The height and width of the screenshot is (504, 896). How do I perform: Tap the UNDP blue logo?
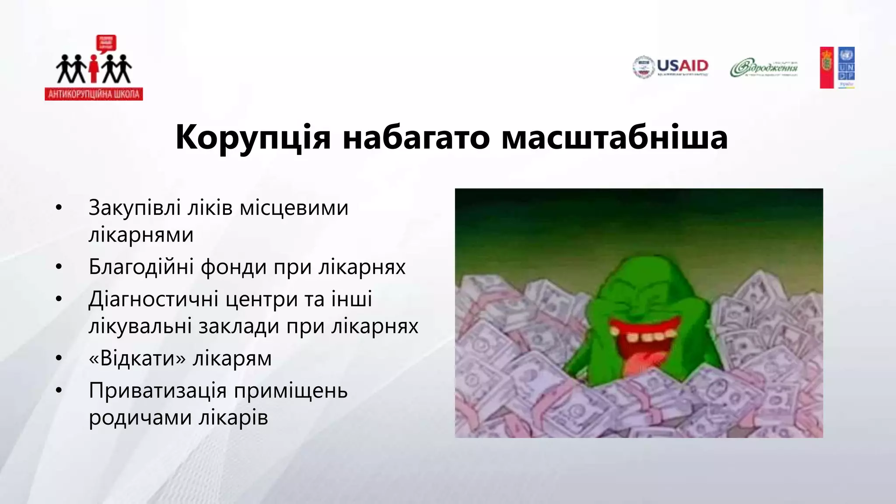[x=847, y=67]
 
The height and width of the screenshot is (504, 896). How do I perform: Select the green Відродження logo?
[x=763, y=68]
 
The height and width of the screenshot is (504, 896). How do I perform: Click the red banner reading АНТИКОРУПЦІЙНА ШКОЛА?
[x=94, y=94]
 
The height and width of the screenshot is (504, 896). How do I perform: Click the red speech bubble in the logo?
[x=106, y=43]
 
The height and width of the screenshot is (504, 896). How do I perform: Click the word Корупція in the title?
[x=253, y=137]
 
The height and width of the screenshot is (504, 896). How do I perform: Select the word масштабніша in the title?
[x=614, y=137]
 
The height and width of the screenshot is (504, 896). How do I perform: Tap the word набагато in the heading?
[x=416, y=137]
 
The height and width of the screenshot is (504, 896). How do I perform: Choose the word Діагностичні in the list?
[x=154, y=299]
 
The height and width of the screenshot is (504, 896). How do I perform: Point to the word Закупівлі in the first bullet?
[x=134, y=208]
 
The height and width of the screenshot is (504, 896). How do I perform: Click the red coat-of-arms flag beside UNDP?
[x=826, y=67]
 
